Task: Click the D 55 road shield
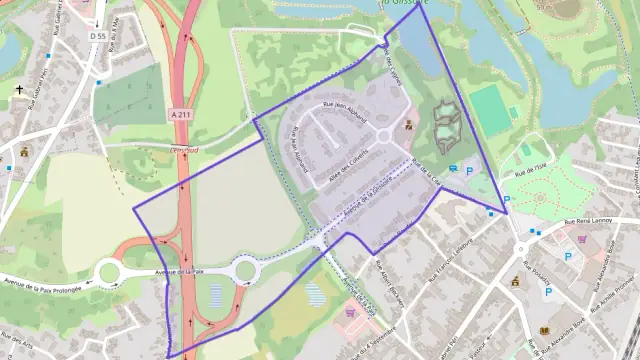[x=96, y=36]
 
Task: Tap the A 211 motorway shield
[x=180, y=114]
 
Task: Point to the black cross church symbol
[x=19, y=89]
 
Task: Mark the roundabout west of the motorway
[x=108, y=272]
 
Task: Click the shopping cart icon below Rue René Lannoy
[x=583, y=240]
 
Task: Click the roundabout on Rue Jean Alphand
[x=384, y=136]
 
